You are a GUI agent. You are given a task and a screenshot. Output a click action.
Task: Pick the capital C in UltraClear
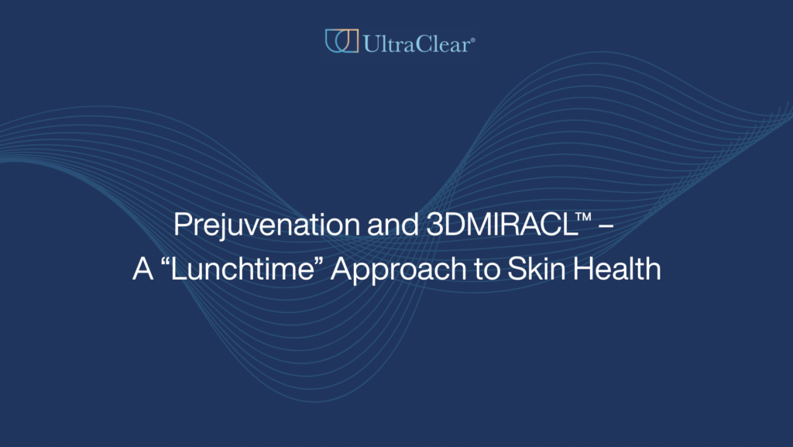coord(424,43)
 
